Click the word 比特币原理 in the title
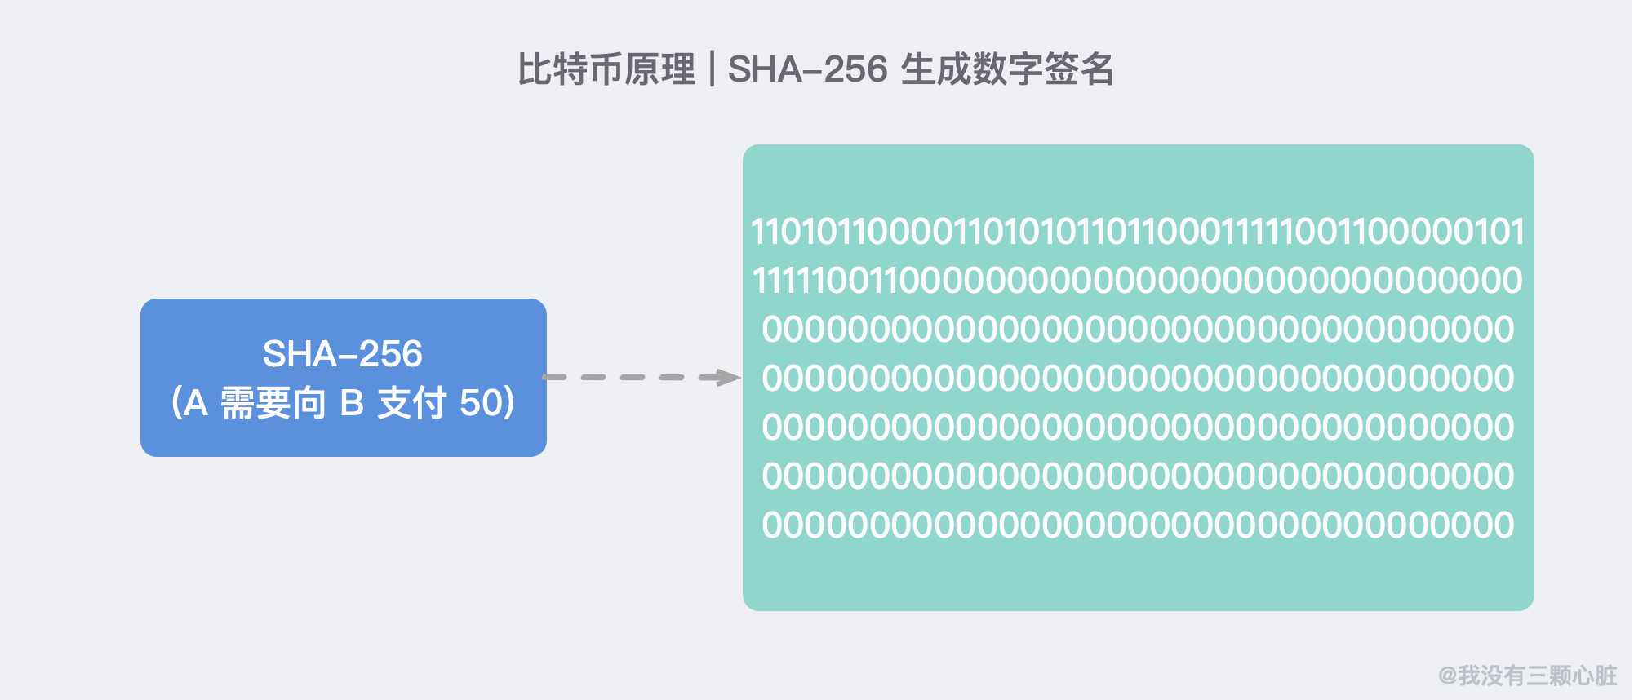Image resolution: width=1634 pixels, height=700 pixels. [x=607, y=69]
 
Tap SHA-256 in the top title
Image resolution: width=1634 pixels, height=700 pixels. [x=807, y=69]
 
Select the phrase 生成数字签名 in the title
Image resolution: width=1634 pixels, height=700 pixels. [x=1007, y=69]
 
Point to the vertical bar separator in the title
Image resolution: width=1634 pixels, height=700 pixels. [x=713, y=69]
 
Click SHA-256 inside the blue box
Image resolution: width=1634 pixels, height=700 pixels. [x=343, y=354]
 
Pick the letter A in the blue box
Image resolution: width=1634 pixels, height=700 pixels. [x=196, y=403]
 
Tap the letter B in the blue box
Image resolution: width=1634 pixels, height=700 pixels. [x=352, y=403]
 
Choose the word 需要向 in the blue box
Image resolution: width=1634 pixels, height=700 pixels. [x=273, y=403]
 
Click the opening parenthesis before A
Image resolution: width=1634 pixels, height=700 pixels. [x=176, y=403]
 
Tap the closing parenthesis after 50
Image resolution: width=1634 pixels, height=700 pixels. [x=510, y=403]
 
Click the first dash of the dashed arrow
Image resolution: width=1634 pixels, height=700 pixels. [x=555, y=377]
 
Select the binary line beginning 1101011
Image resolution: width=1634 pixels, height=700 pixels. [x=1138, y=232]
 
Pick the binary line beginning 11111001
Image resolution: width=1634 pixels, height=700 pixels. [x=1138, y=281]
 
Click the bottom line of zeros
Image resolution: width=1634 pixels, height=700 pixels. [x=1138, y=525]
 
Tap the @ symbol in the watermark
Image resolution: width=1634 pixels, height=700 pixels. [x=1448, y=676]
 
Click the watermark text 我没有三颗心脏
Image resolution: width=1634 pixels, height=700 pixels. [x=1538, y=676]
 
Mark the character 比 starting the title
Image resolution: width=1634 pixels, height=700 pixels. [x=535, y=69]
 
